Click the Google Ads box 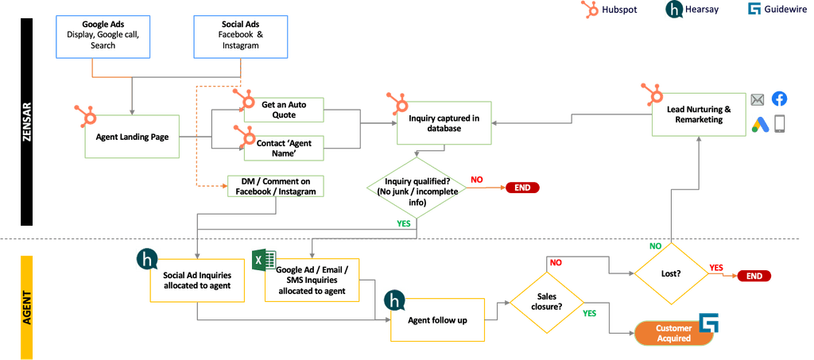point(103,37)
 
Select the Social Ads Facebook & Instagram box point(240,37)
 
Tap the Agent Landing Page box point(132,137)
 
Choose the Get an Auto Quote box point(284,110)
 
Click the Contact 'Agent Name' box point(284,149)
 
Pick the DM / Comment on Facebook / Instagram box point(276,187)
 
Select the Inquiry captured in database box point(444,123)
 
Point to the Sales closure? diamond point(547,304)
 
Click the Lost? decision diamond point(672,273)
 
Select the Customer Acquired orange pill point(674,334)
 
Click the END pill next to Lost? point(754,276)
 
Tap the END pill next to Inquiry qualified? point(523,188)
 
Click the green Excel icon point(264,259)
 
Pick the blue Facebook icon point(779,99)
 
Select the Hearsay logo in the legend point(674,10)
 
